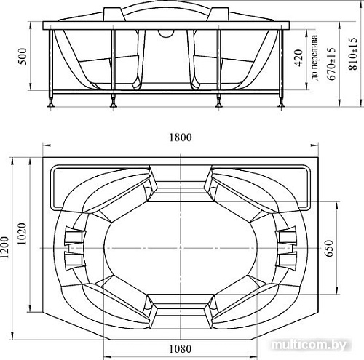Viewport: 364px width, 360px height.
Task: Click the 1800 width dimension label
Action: pyautogui.click(x=181, y=137)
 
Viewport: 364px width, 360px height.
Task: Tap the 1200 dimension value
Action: pyautogui.click(x=5, y=247)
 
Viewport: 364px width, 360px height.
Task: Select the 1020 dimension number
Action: pyautogui.click(x=22, y=234)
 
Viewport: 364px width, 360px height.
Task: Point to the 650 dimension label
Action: pyautogui.click(x=329, y=248)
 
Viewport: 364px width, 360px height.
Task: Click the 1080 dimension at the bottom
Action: pyautogui.click(x=181, y=349)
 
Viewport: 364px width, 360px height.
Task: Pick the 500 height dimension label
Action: pyautogui.click(x=23, y=56)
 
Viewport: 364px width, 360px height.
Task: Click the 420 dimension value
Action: pyautogui.click(x=298, y=57)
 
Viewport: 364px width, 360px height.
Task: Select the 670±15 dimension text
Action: pyautogui.click(x=331, y=63)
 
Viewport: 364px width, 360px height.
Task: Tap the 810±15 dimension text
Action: pyautogui.click(x=353, y=54)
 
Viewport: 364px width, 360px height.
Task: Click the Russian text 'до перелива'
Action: pyautogui.click(x=314, y=57)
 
